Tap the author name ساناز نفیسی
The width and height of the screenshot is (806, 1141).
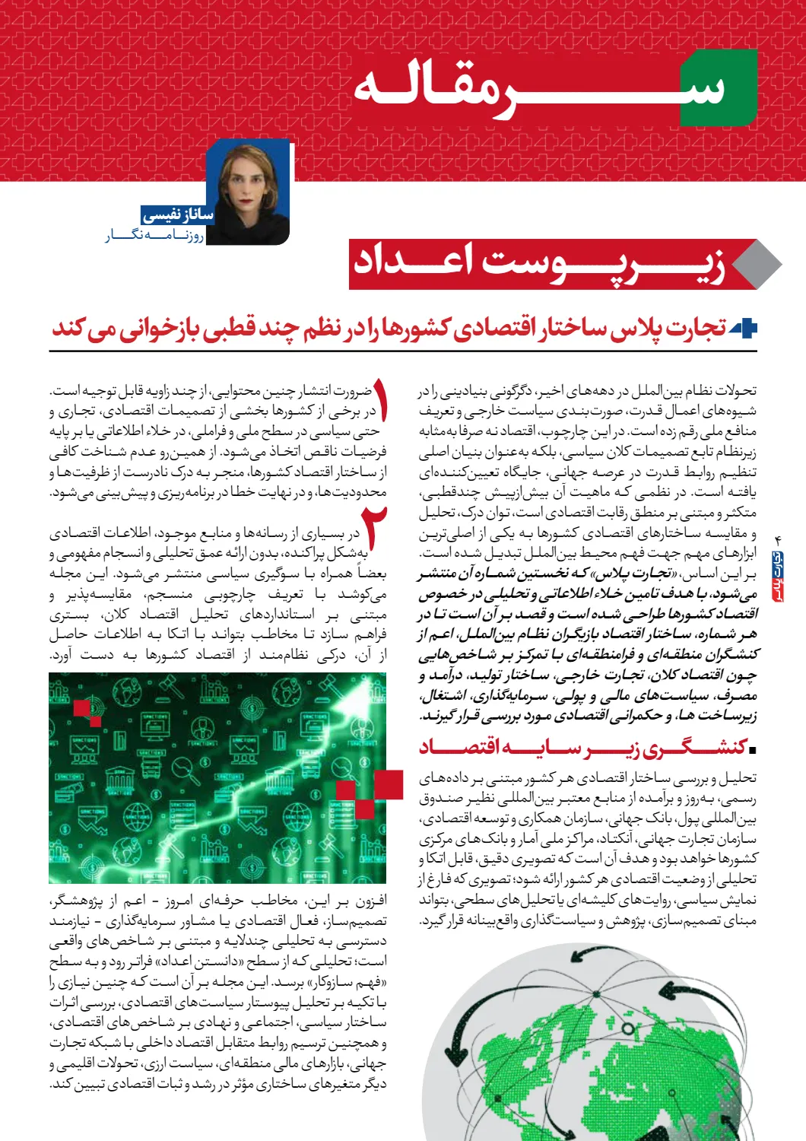(x=179, y=215)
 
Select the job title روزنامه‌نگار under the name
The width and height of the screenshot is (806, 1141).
(x=155, y=236)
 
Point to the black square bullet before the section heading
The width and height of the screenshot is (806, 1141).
(x=752, y=750)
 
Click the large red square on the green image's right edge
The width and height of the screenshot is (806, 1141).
(x=389, y=785)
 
